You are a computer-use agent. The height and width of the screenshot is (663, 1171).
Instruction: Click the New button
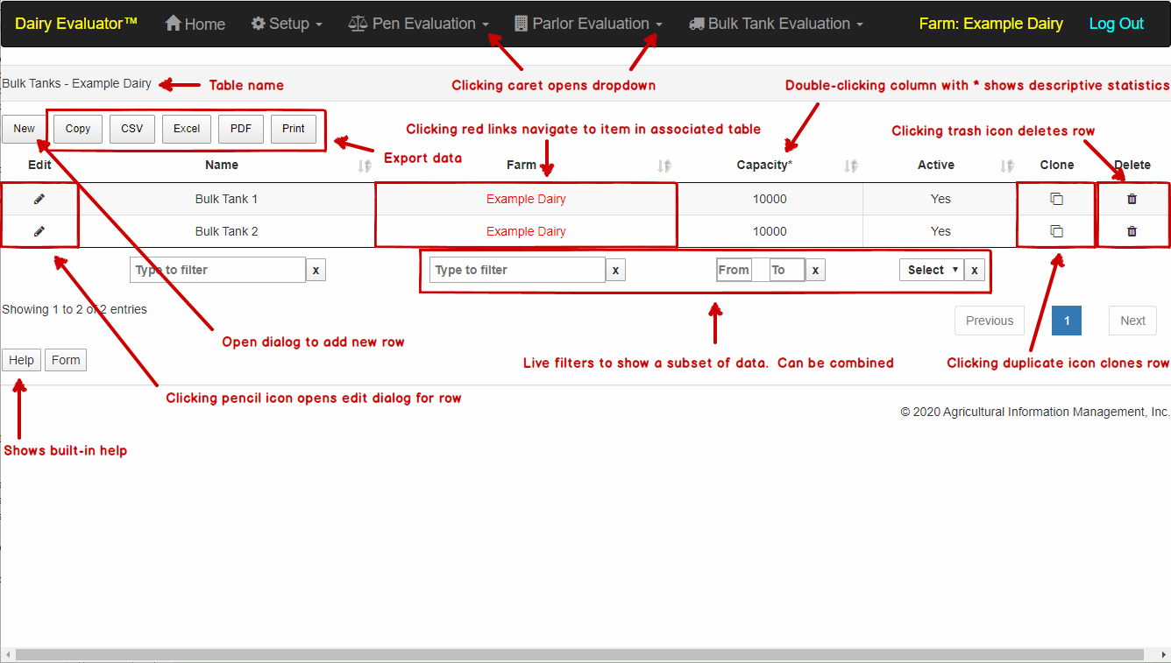click(x=24, y=129)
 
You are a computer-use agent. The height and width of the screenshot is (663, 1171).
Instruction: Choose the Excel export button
click(x=187, y=129)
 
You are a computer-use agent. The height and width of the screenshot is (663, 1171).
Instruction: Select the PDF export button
click(x=241, y=129)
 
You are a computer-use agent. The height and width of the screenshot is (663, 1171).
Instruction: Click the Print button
click(x=294, y=129)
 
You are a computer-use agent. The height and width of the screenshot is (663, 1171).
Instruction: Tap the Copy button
click(x=78, y=129)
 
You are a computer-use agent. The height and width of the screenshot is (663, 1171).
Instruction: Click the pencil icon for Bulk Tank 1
click(x=39, y=199)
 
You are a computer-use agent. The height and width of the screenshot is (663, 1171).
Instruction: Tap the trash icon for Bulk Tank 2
click(x=1132, y=231)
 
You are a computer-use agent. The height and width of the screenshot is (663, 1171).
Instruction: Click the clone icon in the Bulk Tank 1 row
click(x=1056, y=199)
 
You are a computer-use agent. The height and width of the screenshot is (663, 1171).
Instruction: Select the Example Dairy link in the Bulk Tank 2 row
click(x=526, y=231)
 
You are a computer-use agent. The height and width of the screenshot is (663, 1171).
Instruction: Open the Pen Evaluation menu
click(x=418, y=24)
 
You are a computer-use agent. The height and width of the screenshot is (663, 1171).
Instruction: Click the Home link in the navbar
click(x=195, y=24)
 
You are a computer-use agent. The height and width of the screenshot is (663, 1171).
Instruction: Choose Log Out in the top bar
click(x=1116, y=24)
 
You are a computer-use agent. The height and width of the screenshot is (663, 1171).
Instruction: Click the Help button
click(x=21, y=360)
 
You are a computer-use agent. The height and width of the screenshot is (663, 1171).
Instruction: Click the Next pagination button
click(x=1132, y=321)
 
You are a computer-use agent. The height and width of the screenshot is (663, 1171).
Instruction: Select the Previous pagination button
click(x=990, y=321)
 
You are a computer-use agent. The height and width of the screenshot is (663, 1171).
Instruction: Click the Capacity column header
click(x=763, y=165)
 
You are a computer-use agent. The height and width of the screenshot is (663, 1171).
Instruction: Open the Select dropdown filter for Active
click(x=931, y=270)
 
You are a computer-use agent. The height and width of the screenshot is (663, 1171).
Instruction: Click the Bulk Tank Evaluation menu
click(x=776, y=24)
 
